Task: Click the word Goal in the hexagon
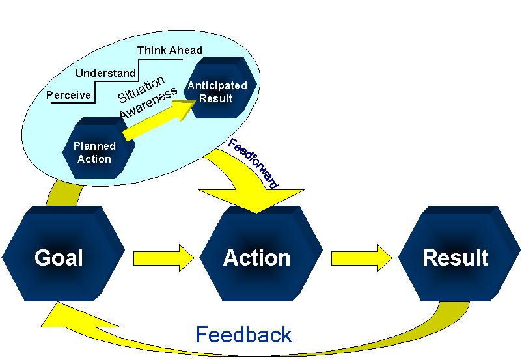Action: [59, 258]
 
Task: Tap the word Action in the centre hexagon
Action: [256, 258]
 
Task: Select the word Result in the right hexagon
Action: [455, 258]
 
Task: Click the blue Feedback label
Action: [244, 335]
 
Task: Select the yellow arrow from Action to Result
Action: [362, 258]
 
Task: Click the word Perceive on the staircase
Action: [69, 96]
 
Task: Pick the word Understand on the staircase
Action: [105, 73]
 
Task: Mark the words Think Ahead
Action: [169, 50]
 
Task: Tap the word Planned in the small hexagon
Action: [95, 146]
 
